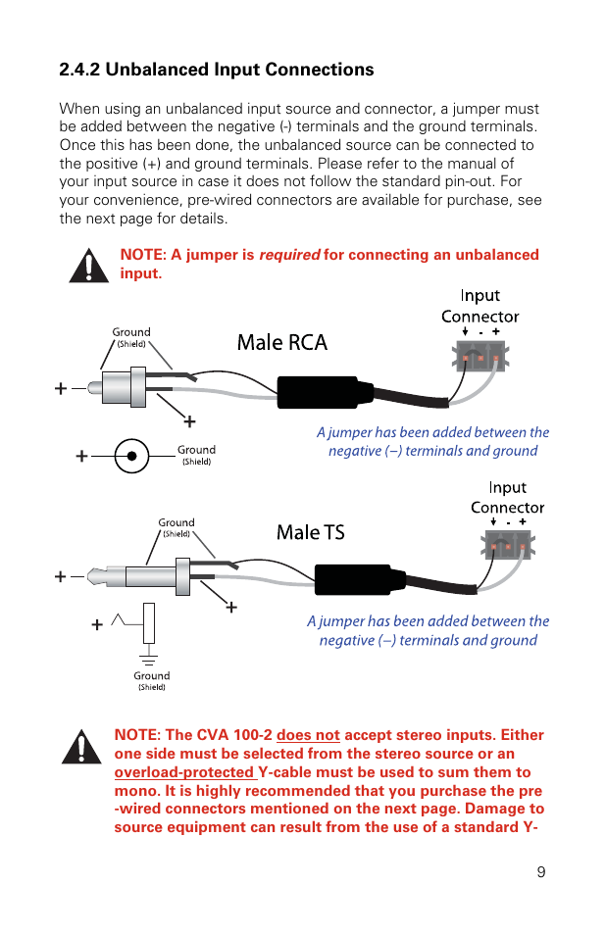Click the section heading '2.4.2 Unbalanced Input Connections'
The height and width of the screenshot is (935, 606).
216,70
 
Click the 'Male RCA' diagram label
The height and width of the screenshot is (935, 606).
282,342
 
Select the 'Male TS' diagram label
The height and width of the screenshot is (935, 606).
311,532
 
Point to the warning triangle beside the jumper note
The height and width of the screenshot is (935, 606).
89,265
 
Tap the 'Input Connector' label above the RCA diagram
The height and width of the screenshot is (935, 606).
480,306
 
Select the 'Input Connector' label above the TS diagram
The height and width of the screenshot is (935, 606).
507,497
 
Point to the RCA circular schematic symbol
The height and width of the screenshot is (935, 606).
131,456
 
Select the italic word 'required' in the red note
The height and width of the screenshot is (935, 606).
288,255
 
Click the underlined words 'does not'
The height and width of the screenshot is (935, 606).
308,735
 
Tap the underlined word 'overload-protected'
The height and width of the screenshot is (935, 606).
184,772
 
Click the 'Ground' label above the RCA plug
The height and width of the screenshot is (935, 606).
131,332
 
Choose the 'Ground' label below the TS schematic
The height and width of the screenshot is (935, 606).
151,675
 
